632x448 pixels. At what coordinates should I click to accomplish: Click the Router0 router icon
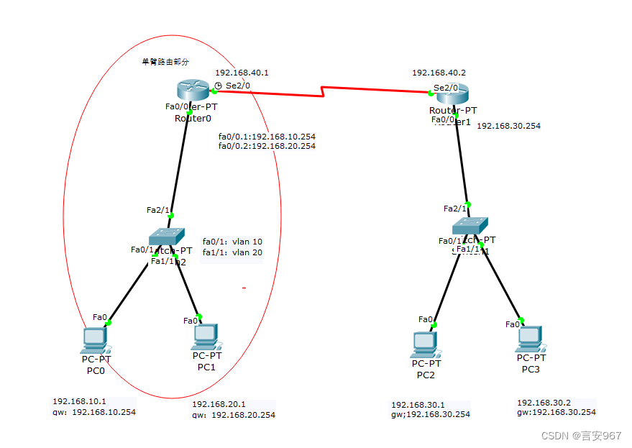(x=192, y=90)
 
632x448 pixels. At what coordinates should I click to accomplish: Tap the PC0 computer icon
(x=94, y=338)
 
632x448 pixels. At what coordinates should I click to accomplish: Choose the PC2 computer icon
(x=423, y=344)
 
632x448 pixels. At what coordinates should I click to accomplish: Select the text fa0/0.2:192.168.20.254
(x=267, y=146)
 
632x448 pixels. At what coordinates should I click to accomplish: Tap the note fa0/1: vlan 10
(x=232, y=242)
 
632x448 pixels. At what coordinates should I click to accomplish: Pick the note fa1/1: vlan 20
(x=232, y=252)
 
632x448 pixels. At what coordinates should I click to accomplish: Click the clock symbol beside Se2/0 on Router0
(x=219, y=86)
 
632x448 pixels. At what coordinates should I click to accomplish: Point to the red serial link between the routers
(x=324, y=91)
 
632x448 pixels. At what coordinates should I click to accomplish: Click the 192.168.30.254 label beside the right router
(x=508, y=126)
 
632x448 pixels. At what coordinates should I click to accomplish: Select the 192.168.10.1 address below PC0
(x=79, y=401)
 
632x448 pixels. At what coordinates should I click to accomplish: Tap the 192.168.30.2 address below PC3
(x=544, y=403)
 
